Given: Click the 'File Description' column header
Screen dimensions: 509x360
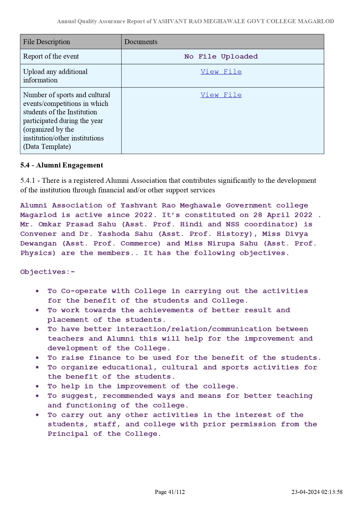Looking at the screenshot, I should pyautogui.click(x=46, y=42).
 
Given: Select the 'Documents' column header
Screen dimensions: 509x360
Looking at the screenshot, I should pyautogui.click(x=141, y=42).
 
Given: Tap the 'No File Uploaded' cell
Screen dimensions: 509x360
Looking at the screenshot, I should pyautogui.click(x=221, y=57).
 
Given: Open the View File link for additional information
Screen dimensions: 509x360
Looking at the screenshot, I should pyautogui.click(x=221, y=72).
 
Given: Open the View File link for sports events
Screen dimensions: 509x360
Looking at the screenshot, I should pyautogui.click(x=221, y=95).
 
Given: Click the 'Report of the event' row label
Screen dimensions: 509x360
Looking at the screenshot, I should pyautogui.click(x=51, y=56).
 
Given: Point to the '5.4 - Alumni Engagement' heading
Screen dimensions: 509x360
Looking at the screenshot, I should pyautogui.click(x=62, y=165).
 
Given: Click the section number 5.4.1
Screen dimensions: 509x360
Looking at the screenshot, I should pyautogui.click(x=28, y=181).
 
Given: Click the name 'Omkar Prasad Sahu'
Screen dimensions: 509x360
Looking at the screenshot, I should pyautogui.click(x=77, y=224).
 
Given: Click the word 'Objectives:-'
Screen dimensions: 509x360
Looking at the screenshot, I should pyautogui.click(x=48, y=272).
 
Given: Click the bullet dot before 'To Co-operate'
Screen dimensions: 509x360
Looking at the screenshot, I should pyautogui.click(x=37, y=291).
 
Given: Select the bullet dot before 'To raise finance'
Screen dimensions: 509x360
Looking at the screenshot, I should pyautogui.click(x=37, y=358).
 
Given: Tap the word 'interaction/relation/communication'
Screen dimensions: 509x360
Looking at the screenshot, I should pyautogui.click(x=194, y=329).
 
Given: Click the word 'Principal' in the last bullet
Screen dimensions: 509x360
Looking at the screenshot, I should pyautogui.click(x=68, y=434).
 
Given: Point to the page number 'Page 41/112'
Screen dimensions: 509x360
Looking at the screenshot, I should pyautogui.click(x=170, y=492).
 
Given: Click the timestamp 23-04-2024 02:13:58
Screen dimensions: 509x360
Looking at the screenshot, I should pyautogui.click(x=317, y=492).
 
